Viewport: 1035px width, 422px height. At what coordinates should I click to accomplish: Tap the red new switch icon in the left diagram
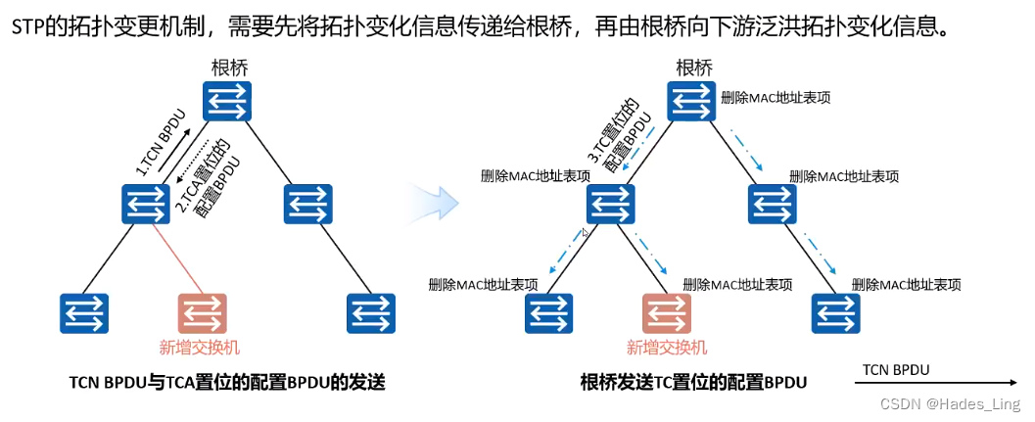[x=203, y=313]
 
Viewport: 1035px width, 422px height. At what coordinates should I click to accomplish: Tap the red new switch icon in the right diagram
[x=667, y=313]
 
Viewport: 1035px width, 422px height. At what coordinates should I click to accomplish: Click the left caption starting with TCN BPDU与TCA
[x=227, y=383]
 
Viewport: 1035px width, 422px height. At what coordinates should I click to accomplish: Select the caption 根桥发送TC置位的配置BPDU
[x=693, y=383]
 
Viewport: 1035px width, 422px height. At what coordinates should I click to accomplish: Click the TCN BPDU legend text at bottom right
[x=895, y=369]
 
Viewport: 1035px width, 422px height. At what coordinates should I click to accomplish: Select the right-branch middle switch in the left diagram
[x=308, y=206]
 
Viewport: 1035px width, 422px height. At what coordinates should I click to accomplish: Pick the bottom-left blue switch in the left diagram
[x=83, y=313]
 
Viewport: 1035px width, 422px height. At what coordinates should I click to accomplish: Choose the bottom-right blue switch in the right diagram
[x=836, y=313]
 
